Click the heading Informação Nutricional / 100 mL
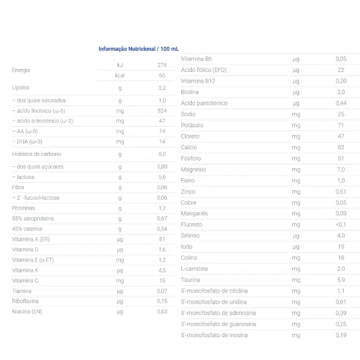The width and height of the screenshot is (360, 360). click(139, 49)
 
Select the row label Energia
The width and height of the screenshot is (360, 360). click(21, 70)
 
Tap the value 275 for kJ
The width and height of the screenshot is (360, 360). click(161, 65)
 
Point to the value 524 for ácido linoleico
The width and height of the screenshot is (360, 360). click(161, 110)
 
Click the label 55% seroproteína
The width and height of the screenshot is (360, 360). click(33, 218)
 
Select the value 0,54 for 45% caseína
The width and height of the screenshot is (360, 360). click(161, 229)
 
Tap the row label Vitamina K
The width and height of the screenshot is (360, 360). click(25, 270)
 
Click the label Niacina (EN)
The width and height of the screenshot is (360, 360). click(27, 311)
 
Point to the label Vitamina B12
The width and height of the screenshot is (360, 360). click(197, 80)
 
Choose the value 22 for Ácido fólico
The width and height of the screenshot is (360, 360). click(341, 70)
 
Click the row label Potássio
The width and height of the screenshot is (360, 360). click(192, 125)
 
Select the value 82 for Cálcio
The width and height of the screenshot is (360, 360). click(341, 147)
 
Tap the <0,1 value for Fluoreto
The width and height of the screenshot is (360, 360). click(341, 224)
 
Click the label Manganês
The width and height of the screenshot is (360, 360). click(194, 213)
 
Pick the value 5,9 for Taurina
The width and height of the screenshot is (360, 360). click(341, 280)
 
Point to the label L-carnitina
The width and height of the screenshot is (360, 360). click(195, 268)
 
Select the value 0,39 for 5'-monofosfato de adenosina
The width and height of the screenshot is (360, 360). click(341, 313)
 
